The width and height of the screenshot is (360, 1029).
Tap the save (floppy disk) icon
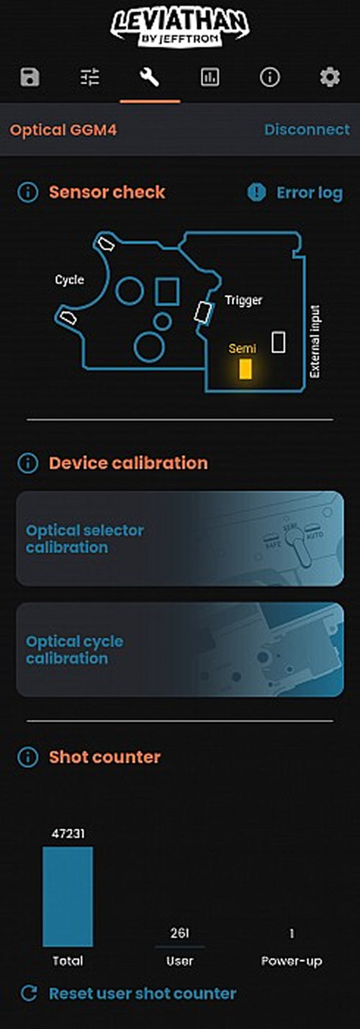click(30, 77)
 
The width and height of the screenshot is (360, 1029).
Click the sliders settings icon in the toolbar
click(89, 77)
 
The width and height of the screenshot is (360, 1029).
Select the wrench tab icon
click(150, 77)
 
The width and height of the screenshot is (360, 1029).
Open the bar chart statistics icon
click(210, 77)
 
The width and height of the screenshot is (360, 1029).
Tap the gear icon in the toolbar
click(330, 77)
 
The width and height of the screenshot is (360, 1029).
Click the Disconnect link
click(307, 130)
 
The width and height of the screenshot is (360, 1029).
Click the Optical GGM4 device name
click(63, 130)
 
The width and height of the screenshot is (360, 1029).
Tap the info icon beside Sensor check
click(28, 192)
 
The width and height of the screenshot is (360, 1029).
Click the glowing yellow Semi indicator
click(246, 369)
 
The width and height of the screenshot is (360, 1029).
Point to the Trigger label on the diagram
click(243, 300)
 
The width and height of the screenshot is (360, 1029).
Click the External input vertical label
click(315, 341)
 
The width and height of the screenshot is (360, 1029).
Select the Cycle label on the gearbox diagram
click(69, 280)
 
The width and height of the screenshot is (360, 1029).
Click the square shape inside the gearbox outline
click(167, 292)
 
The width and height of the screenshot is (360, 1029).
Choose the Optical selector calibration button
click(180, 539)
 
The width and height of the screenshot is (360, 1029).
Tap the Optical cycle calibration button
click(180, 650)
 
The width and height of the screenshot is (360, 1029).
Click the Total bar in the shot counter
click(68, 897)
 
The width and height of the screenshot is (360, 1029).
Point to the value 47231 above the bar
click(68, 833)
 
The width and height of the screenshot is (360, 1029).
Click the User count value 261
click(179, 933)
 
